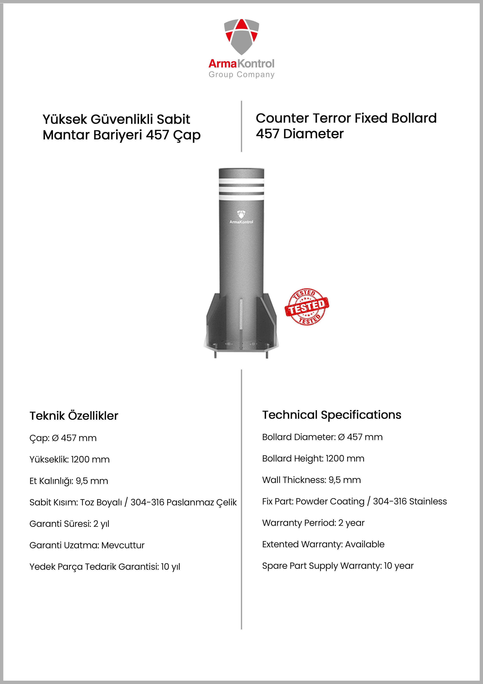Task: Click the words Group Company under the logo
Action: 241,74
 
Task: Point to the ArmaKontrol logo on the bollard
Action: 241,217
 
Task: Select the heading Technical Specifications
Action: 331,415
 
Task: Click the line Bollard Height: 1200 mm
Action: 313,458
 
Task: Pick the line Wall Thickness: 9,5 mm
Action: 311,480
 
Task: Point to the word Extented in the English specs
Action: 280,544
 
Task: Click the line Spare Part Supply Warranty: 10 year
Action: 338,566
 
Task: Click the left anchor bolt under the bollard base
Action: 215,354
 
